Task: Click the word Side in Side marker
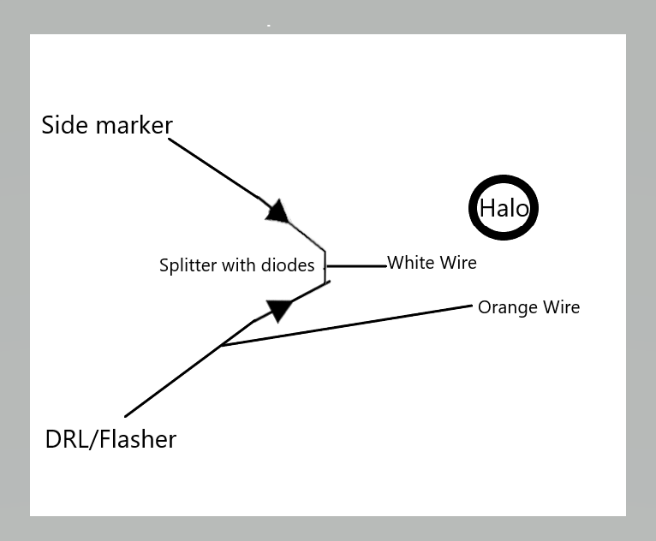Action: [65, 125]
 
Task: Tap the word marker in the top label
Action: [134, 126]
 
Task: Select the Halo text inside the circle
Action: [504, 208]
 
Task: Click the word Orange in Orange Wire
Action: [508, 307]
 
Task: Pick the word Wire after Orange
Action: [562, 306]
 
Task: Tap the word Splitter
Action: [188, 265]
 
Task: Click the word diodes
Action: [288, 265]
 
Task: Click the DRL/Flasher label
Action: [110, 439]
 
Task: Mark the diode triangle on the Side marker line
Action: [278, 211]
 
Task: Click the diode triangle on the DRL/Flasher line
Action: [279, 311]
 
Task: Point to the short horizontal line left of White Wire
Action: [356, 266]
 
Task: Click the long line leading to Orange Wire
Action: [347, 325]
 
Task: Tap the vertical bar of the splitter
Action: [325, 268]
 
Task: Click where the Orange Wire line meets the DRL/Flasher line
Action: [222, 345]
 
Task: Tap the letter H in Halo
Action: [486, 208]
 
